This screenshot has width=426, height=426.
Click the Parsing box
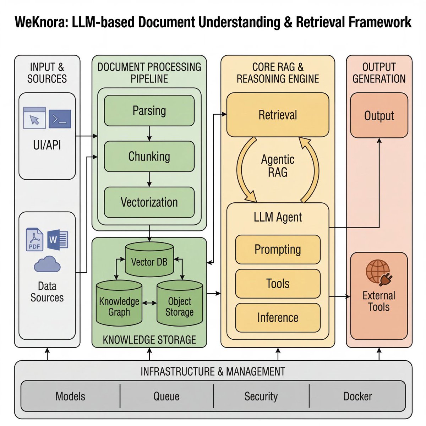pyautogui.click(x=149, y=110)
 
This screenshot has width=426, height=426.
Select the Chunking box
pyautogui.click(x=149, y=156)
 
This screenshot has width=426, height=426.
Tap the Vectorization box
pyautogui.click(x=149, y=202)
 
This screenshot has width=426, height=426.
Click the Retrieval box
pyautogui.click(x=278, y=115)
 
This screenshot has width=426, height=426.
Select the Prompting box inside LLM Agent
pyautogui.click(x=278, y=249)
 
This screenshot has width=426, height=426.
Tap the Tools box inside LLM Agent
pyautogui.click(x=278, y=283)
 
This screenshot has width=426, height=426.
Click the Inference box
pyautogui.click(x=278, y=317)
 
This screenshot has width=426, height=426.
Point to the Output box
pyautogui.click(x=379, y=115)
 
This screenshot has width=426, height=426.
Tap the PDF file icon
pyautogui.click(x=35, y=240)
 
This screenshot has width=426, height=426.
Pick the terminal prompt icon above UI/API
pyautogui.click(x=60, y=119)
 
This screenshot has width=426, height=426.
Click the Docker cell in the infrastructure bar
pyautogui.click(x=357, y=396)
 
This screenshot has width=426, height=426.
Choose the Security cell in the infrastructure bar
pyautogui.click(x=261, y=396)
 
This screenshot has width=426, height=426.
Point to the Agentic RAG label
pyautogui.click(x=278, y=166)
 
